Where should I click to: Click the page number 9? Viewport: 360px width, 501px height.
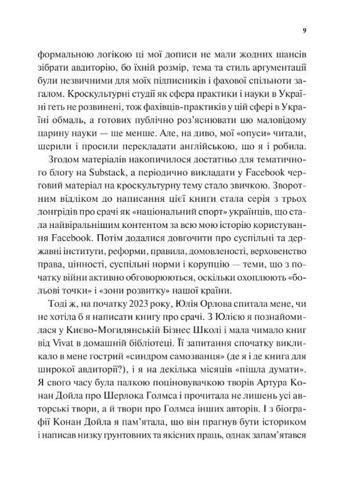[x=304, y=30]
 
